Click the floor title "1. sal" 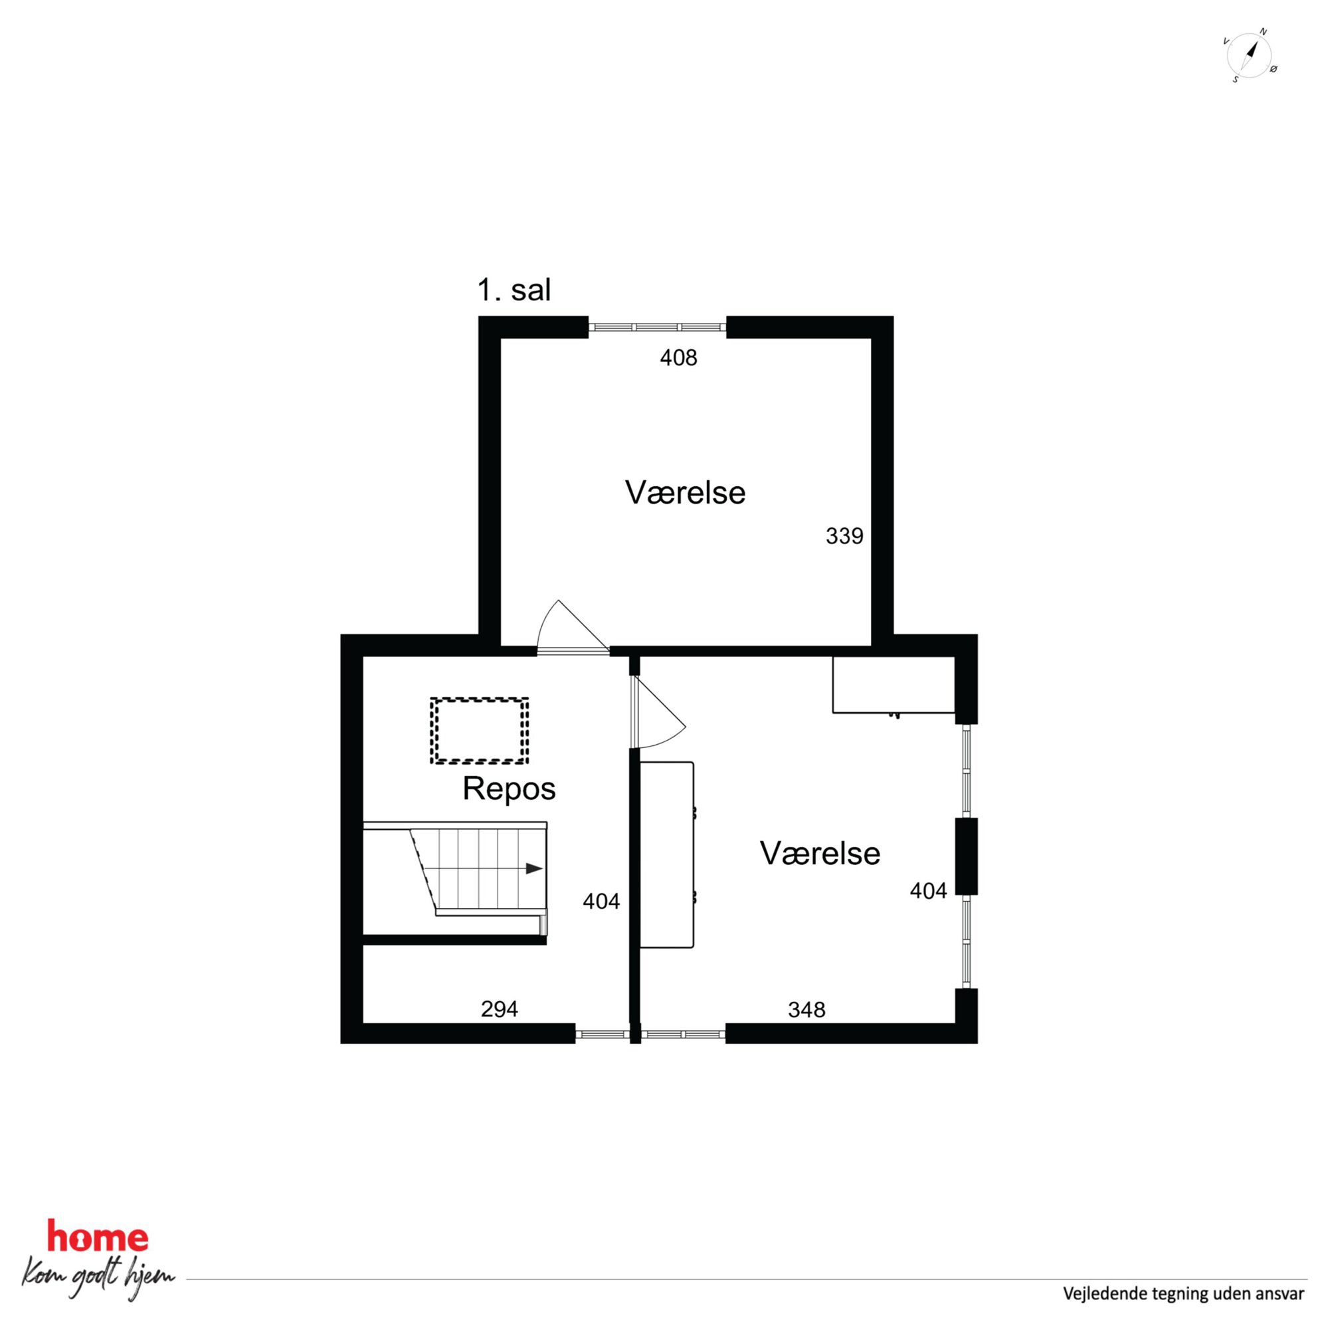coord(514,290)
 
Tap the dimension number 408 coord(678,357)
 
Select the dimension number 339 coord(844,536)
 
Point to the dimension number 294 coord(500,1009)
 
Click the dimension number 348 coord(806,1010)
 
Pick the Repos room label coord(509,789)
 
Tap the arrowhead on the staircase coord(534,868)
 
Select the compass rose coord(1249,55)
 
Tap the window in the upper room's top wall coord(657,328)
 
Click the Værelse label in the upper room coord(685,492)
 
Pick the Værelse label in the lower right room coord(820,854)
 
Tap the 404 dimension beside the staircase coord(601,901)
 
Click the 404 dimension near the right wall coord(929,890)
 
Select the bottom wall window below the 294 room coord(602,1034)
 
